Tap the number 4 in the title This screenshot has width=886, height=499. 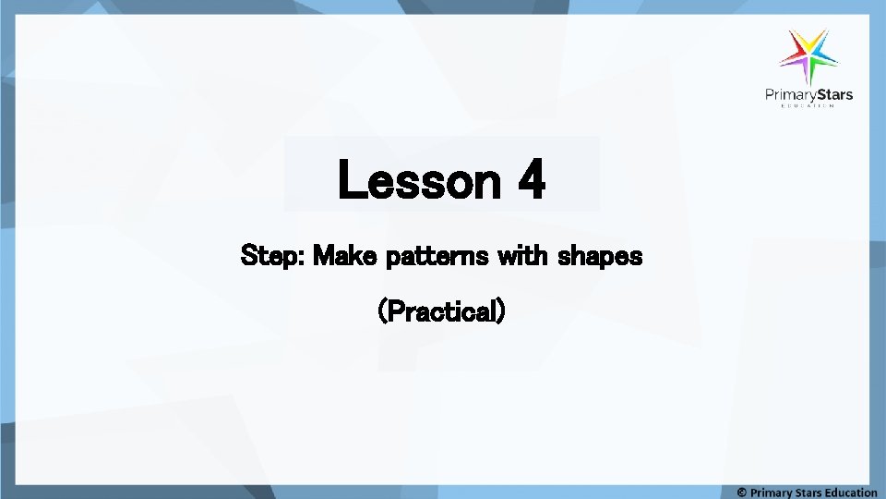[x=531, y=180]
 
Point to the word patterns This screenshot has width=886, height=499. [x=437, y=256]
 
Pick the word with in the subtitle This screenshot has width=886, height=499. [x=522, y=255]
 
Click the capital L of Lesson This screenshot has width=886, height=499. [x=352, y=180]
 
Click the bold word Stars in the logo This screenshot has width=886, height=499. [x=832, y=94]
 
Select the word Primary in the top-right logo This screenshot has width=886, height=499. [x=787, y=94]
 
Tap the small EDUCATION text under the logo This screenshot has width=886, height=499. [x=808, y=106]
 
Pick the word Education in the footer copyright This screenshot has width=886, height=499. [x=845, y=492]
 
